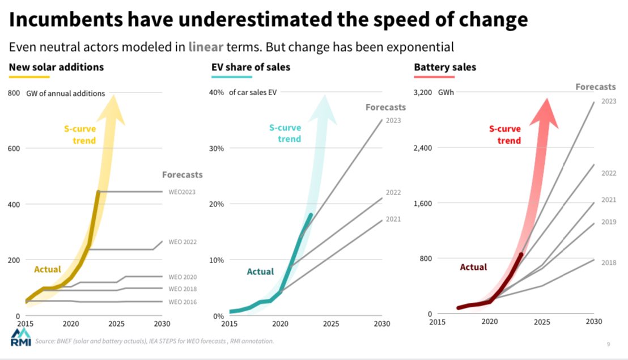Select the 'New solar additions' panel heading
click(x=56, y=67)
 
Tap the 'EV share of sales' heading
click(x=251, y=67)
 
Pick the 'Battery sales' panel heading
click(x=445, y=67)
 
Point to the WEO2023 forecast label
click(x=182, y=192)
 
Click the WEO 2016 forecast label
click(x=183, y=302)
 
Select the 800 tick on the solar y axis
click(x=14, y=93)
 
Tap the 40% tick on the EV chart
click(x=217, y=93)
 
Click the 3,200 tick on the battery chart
click(x=423, y=93)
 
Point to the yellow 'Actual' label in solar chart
click(x=48, y=269)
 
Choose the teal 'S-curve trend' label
click(x=285, y=133)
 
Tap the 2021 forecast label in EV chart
click(x=393, y=219)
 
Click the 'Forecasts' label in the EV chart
click(x=385, y=107)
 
